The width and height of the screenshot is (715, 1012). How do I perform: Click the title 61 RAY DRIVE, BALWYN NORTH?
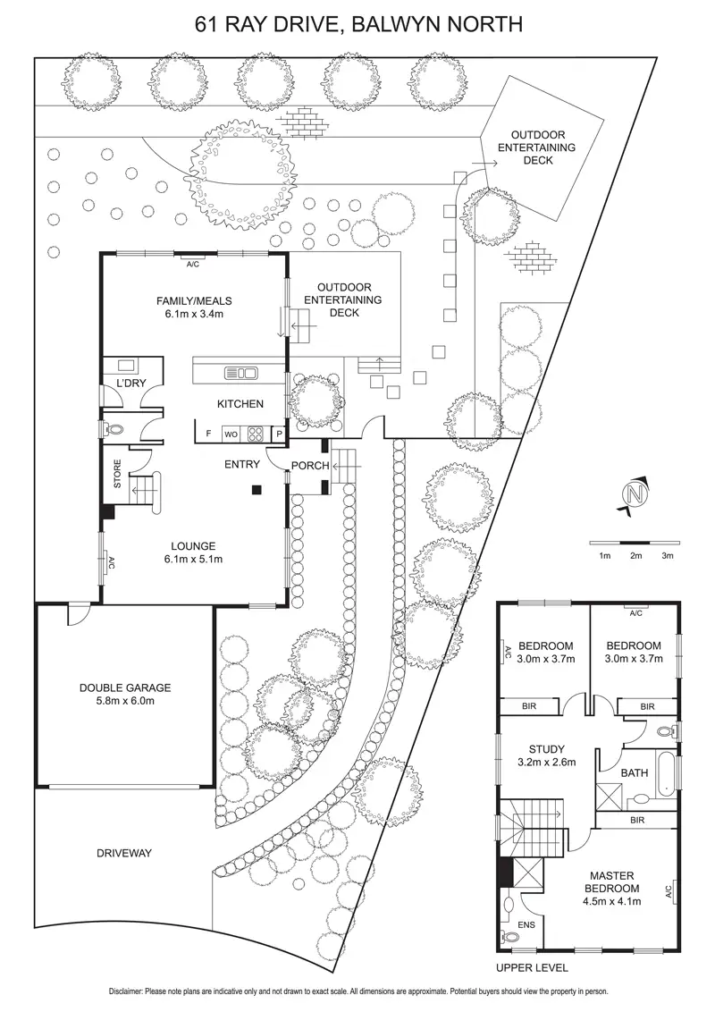(x=357, y=24)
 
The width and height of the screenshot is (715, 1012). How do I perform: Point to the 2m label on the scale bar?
(x=635, y=556)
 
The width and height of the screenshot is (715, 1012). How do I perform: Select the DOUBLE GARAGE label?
(x=125, y=687)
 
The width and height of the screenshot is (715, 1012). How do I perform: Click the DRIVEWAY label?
(x=123, y=853)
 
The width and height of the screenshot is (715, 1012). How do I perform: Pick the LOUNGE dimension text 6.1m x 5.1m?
(x=193, y=559)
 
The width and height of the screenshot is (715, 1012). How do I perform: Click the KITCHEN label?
(x=240, y=404)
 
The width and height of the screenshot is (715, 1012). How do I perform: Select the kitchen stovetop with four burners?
(x=256, y=434)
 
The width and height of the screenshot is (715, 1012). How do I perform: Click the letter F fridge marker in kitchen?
(x=208, y=434)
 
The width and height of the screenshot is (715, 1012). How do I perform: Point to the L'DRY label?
(x=124, y=383)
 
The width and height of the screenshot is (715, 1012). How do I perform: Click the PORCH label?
(x=310, y=465)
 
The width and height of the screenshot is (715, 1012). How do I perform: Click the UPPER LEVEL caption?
(x=532, y=967)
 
